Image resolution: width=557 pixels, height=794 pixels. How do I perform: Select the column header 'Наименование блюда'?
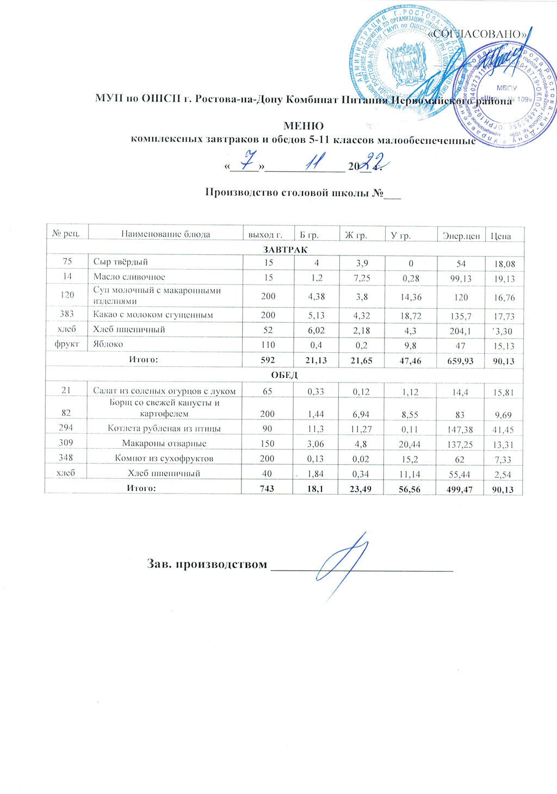coord(165,234)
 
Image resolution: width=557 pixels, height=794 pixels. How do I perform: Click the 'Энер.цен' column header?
coord(461,235)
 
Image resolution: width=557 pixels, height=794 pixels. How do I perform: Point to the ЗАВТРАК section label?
coord(285,249)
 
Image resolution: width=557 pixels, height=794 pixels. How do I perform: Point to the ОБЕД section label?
coord(285,375)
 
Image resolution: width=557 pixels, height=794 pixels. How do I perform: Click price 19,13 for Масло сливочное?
coord(504,279)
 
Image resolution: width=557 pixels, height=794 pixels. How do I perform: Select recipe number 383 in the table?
coord(67,315)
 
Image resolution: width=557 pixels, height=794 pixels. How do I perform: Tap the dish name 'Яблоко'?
coord(108,344)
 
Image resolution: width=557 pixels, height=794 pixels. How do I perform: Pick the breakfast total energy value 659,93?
coord(461,360)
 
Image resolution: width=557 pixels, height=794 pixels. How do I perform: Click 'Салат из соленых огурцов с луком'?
coord(164,390)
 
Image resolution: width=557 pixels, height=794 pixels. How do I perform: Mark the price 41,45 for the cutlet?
coord(504,429)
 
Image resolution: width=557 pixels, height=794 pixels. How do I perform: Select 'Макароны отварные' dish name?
coord(164,443)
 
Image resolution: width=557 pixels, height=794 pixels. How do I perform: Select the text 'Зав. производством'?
coord(207,564)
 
